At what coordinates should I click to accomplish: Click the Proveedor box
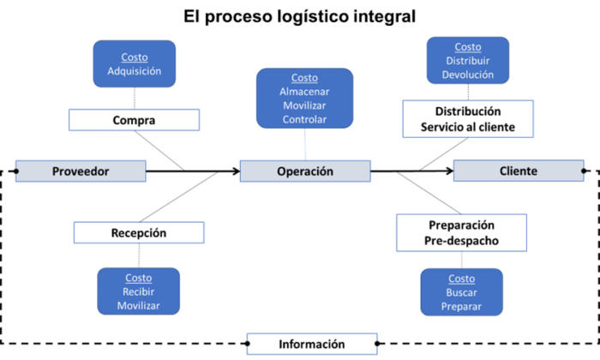click(81, 171)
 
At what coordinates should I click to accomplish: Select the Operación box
click(304, 171)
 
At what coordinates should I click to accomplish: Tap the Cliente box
click(518, 171)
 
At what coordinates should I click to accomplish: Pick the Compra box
click(134, 120)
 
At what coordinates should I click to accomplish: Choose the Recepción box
click(138, 232)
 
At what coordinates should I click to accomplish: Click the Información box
click(311, 344)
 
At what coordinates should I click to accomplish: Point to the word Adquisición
click(135, 71)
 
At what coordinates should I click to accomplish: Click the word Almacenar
click(304, 92)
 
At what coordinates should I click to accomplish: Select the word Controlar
click(304, 119)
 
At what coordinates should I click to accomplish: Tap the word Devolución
click(467, 75)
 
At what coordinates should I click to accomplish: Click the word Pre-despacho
click(460, 241)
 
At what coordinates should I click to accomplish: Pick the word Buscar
click(461, 292)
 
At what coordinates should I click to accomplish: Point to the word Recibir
click(138, 291)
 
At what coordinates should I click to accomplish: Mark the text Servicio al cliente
click(467, 128)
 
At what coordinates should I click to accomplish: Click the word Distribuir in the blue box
click(467, 61)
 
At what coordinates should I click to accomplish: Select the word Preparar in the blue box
click(461, 306)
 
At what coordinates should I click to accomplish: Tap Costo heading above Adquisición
click(135, 57)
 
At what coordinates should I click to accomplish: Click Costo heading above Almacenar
click(304, 78)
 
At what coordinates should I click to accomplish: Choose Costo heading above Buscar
click(461, 279)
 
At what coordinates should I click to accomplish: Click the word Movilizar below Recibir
click(138, 305)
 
